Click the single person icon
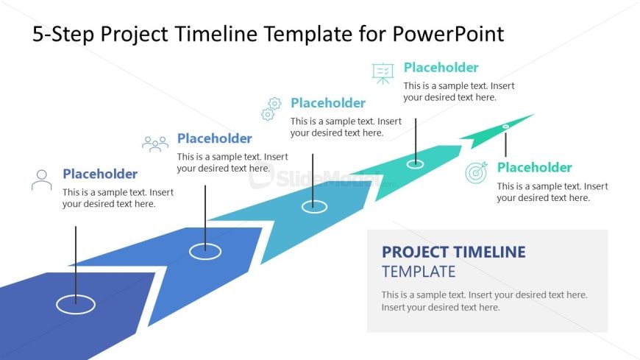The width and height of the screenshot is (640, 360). pyautogui.click(x=42, y=180)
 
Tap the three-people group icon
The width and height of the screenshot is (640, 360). pyautogui.click(x=155, y=144)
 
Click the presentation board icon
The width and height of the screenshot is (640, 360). pyautogui.click(x=383, y=73)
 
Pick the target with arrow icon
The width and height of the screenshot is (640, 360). pyautogui.click(x=477, y=173)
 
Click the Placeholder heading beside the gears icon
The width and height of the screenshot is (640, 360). pyautogui.click(x=328, y=103)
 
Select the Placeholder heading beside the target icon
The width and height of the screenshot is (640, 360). pyautogui.click(x=534, y=167)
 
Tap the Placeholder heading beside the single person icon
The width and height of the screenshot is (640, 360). pyautogui.click(x=100, y=174)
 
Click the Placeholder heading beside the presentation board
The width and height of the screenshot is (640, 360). pyautogui.click(x=441, y=68)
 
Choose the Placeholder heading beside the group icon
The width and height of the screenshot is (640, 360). pyautogui.click(x=215, y=138)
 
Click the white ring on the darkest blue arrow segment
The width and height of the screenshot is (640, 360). pyautogui.click(x=76, y=304)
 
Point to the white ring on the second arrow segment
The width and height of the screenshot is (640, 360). pyautogui.click(x=205, y=251)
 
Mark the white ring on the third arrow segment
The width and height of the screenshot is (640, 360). pyautogui.click(x=314, y=207)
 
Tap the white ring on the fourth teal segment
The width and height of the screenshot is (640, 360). pyautogui.click(x=415, y=163)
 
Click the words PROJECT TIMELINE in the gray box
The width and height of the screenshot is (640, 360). pyautogui.click(x=454, y=253)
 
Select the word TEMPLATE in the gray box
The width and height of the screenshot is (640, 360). pyautogui.click(x=419, y=272)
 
